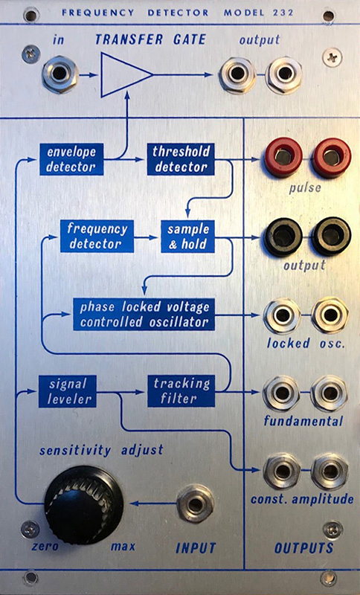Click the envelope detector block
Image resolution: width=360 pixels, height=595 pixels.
(x=71, y=159)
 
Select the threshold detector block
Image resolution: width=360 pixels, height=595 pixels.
(x=181, y=159)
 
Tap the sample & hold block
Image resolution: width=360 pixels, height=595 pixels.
(x=187, y=237)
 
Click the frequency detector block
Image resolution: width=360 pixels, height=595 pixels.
(x=97, y=237)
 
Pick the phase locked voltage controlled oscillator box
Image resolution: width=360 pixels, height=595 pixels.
(x=144, y=315)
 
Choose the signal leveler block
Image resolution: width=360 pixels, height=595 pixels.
(x=68, y=391)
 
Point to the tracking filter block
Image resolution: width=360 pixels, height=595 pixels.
(x=181, y=391)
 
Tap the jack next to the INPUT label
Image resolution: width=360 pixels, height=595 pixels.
(x=196, y=504)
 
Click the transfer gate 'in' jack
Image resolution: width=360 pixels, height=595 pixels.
(x=60, y=74)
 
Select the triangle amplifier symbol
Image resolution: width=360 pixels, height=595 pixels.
(x=126, y=75)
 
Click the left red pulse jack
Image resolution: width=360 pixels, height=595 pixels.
(x=283, y=157)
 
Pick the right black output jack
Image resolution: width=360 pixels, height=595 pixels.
(x=331, y=237)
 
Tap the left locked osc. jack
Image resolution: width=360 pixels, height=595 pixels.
(x=282, y=315)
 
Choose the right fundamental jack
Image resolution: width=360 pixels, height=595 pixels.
(x=330, y=393)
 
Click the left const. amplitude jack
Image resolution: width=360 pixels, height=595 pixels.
(x=282, y=471)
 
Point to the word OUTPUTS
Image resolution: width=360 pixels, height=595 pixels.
(x=304, y=548)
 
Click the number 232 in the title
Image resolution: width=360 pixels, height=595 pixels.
(x=283, y=13)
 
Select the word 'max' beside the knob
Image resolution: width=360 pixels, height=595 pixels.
(x=123, y=547)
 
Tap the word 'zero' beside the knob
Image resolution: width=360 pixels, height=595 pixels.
(x=45, y=547)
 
